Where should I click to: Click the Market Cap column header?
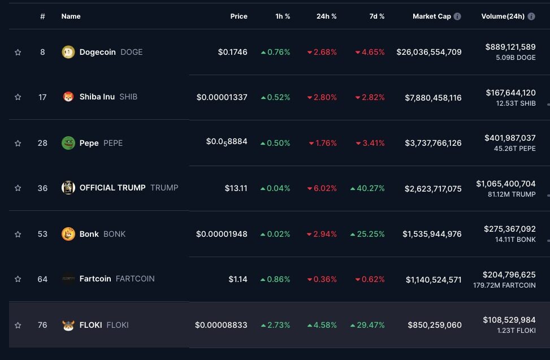click(431, 16)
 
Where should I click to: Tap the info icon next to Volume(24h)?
click(531, 16)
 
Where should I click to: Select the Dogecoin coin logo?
click(68, 52)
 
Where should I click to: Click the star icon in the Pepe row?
click(18, 143)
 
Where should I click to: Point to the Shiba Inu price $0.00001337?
click(222, 97)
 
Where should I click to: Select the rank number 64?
click(42, 279)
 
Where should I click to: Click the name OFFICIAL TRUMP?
click(112, 188)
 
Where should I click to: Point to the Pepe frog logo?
click(68, 143)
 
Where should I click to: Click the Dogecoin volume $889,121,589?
click(510, 47)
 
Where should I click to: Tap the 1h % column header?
click(283, 16)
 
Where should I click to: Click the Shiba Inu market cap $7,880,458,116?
click(433, 98)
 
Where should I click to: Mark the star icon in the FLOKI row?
click(18, 325)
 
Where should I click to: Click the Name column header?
click(71, 16)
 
